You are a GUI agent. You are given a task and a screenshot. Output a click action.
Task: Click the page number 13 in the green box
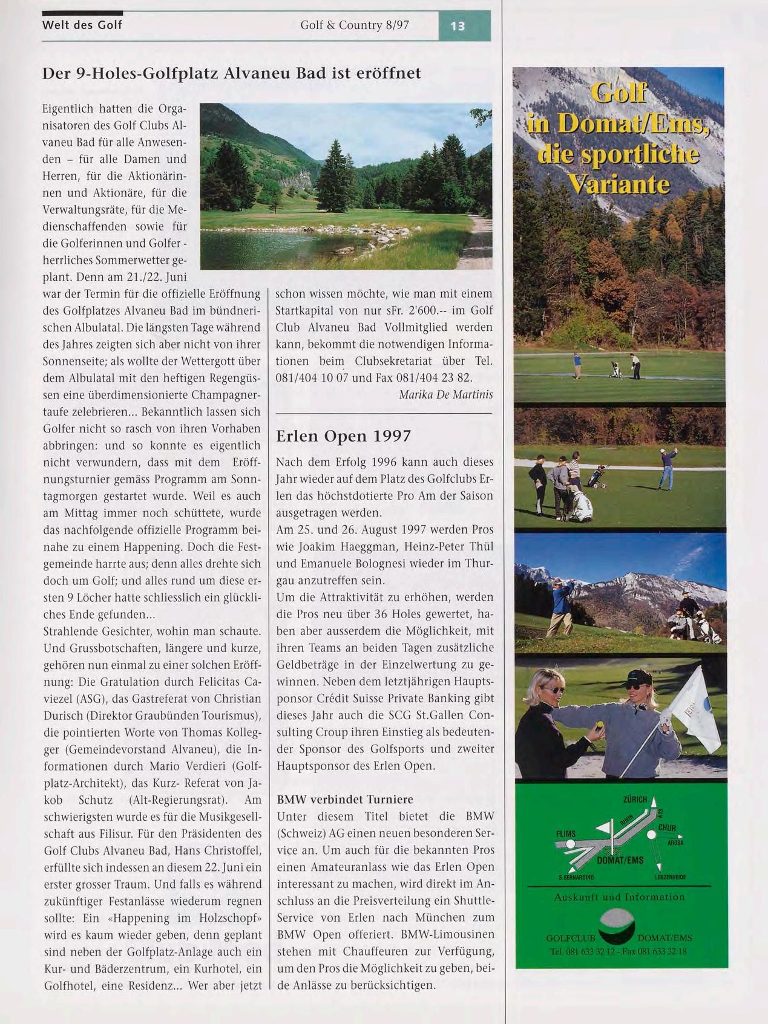[x=457, y=26]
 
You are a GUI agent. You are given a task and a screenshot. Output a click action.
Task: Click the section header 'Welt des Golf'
[x=82, y=25]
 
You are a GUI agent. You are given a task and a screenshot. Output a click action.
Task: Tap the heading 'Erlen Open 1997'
[x=343, y=436]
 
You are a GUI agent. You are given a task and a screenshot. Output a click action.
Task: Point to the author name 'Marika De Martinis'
[x=446, y=394]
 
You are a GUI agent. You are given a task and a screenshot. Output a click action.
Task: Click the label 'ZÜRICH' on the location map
[x=635, y=800]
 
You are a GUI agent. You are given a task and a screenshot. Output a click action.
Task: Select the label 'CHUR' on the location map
[x=667, y=827]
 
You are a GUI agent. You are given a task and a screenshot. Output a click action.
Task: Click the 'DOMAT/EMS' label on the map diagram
[x=620, y=860]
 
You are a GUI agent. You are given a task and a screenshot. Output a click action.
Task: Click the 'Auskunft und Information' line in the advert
[x=619, y=897]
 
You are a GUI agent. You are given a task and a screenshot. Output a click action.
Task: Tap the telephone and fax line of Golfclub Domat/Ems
[x=619, y=951]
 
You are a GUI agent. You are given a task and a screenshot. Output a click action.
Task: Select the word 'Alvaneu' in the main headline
[x=258, y=74]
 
